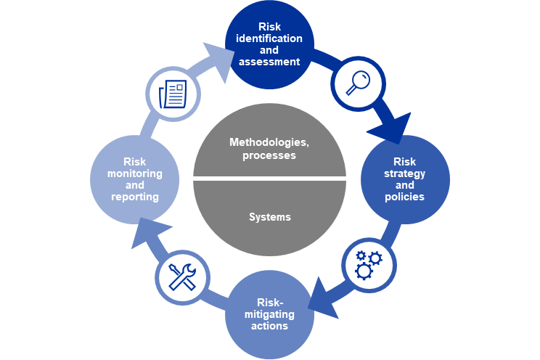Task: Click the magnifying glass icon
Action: (358, 83)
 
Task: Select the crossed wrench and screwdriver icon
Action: (182, 277)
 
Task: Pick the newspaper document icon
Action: (173, 94)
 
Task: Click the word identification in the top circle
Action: (269, 38)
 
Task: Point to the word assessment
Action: (269, 62)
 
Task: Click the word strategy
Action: (405, 174)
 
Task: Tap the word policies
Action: (405, 197)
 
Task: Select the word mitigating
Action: (269, 314)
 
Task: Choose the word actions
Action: (269, 326)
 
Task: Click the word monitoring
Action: (135, 174)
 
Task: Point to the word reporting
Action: (135, 197)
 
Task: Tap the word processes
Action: (269, 156)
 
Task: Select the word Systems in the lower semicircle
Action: (270, 217)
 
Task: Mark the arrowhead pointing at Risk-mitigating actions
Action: (322, 299)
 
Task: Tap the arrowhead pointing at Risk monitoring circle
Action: (150, 232)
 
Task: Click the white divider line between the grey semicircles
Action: (269, 179)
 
